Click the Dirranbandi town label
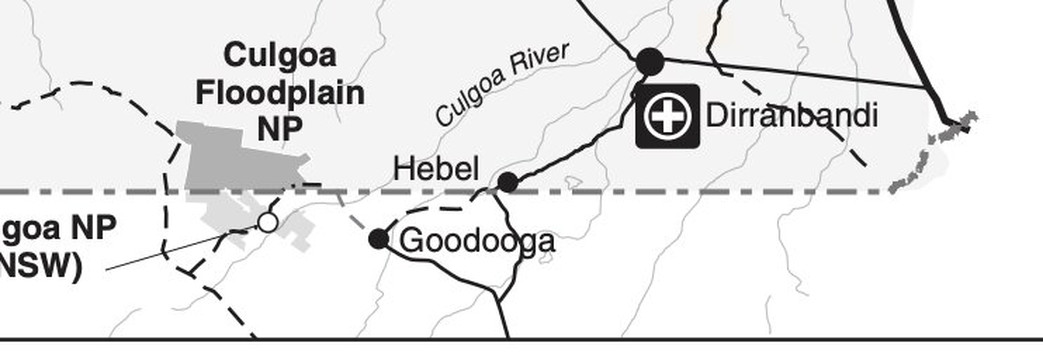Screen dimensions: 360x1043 (x=791, y=115)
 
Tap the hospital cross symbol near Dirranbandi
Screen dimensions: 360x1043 (x=668, y=117)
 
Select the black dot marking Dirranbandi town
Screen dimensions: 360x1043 (x=650, y=61)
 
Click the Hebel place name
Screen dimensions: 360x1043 (x=436, y=168)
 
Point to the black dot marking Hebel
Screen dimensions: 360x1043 (x=508, y=182)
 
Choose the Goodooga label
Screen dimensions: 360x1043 (x=477, y=241)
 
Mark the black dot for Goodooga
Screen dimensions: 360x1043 (x=378, y=238)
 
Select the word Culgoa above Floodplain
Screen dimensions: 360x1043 (x=280, y=56)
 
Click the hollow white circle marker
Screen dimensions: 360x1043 (x=267, y=221)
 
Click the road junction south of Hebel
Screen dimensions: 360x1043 (x=493, y=193)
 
